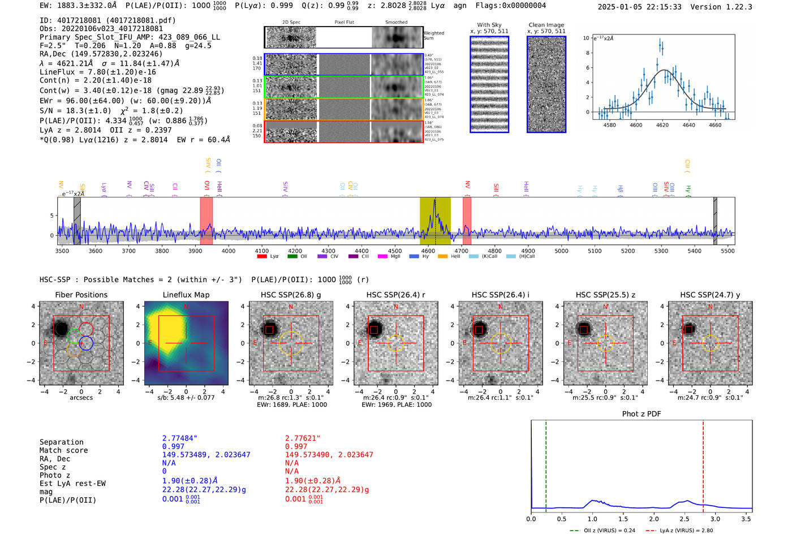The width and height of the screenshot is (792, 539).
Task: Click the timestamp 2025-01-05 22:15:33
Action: (x=639, y=7)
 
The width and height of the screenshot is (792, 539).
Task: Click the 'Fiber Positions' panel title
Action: (x=81, y=295)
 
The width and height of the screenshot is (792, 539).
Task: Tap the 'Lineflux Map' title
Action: (x=186, y=295)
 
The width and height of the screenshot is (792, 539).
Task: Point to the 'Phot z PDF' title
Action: (x=641, y=414)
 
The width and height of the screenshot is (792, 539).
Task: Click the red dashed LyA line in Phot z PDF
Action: (x=703, y=464)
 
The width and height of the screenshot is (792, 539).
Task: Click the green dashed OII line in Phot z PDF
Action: (x=546, y=464)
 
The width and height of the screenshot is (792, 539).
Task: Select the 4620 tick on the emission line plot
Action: (x=662, y=125)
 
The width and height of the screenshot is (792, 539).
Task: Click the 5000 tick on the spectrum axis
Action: (x=561, y=251)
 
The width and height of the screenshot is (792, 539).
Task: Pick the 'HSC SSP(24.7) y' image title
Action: (x=710, y=295)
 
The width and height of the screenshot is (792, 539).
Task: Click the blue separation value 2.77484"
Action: (x=180, y=438)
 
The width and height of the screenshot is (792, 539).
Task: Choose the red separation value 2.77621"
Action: (x=303, y=438)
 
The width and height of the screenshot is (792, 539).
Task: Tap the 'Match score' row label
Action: (x=63, y=450)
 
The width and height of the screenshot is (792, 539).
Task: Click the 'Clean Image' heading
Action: (x=546, y=25)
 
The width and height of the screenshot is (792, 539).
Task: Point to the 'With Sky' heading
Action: (x=489, y=25)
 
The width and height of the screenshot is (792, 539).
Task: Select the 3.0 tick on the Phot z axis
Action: (x=715, y=519)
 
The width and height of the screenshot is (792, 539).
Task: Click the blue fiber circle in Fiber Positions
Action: (x=86, y=343)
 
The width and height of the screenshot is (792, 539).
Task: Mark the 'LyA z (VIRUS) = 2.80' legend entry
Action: (x=686, y=531)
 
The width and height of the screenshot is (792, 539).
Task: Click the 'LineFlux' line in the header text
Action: (x=97, y=72)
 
